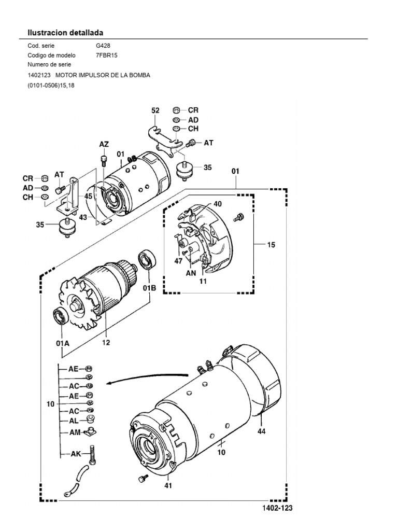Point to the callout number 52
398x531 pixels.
pos(155,110)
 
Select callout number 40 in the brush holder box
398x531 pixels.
pos(217,204)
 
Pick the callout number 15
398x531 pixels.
pos(271,245)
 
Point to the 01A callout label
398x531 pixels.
pos(62,343)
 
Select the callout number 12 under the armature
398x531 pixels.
pos(106,342)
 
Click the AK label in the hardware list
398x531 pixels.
pos(76,453)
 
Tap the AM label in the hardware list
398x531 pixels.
pos(75,431)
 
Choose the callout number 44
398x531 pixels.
pos(261,430)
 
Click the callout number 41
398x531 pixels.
pos(168,486)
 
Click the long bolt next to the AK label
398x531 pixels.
pos(92,454)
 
